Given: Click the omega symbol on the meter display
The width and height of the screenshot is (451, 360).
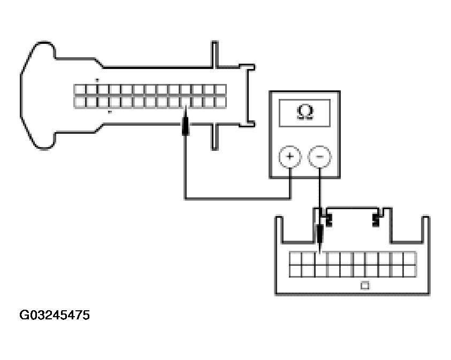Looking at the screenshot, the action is (x=305, y=112).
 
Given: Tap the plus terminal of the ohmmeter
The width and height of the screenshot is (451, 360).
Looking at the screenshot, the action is (x=290, y=157).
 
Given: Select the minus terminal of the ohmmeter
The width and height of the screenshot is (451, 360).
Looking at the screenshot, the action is (x=319, y=157).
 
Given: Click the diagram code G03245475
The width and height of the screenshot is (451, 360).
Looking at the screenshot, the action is (x=55, y=315).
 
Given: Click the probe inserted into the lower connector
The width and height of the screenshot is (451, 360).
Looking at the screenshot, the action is (x=319, y=238).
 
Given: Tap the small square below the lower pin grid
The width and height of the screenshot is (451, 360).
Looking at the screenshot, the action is (x=365, y=286).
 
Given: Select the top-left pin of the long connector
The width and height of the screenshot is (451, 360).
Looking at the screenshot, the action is (x=80, y=90).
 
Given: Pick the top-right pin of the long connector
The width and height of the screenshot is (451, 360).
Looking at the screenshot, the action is (x=221, y=90).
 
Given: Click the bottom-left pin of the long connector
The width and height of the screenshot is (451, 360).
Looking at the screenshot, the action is (x=80, y=102).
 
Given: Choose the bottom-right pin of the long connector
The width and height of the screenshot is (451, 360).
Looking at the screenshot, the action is (x=221, y=102).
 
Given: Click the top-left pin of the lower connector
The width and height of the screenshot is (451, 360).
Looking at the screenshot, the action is (x=295, y=258).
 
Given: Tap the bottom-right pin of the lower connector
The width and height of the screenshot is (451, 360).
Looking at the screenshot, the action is (x=410, y=271).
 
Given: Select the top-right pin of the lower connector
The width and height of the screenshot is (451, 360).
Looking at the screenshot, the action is (x=410, y=258).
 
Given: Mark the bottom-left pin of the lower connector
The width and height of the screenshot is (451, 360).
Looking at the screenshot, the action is (x=295, y=271).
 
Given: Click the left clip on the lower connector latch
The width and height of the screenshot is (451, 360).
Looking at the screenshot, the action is (x=328, y=219).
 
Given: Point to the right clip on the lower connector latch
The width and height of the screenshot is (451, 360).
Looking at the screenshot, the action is (x=376, y=219).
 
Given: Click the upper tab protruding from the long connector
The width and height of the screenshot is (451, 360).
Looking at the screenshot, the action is (x=215, y=55).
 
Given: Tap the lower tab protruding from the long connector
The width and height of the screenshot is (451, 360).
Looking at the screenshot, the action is (x=215, y=137).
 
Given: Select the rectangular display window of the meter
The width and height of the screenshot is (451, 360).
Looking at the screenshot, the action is (x=304, y=113).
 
